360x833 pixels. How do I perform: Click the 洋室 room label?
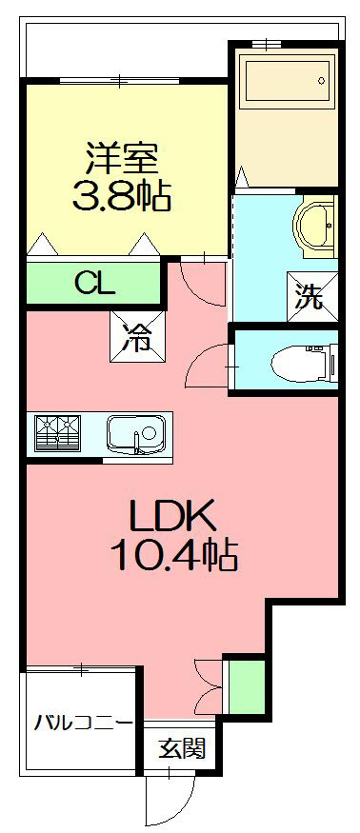(x=122, y=158)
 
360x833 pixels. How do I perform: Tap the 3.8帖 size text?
(x=122, y=195)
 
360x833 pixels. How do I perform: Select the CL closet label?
(x=94, y=283)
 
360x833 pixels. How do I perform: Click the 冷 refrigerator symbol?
(x=138, y=337)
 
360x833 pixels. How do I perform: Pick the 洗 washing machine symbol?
(x=311, y=297)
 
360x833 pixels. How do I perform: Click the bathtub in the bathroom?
(x=287, y=81)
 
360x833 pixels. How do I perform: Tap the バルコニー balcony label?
(x=84, y=723)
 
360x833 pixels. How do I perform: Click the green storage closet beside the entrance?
(x=247, y=686)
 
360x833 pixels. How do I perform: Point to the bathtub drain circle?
(x=321, y=81)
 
